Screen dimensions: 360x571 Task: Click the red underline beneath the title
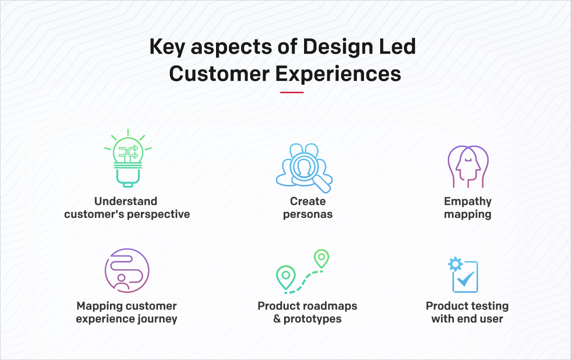click(292, 92)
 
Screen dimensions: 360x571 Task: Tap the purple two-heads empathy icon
click(468, 166)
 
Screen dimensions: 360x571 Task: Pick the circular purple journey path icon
click(127, 271)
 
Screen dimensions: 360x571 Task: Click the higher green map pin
click(322, 258)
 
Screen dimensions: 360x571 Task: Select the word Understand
click(126, 201)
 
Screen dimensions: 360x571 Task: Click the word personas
click(308, 214)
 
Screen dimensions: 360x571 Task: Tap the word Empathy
click(468, 201)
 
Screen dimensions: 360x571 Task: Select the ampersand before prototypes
click(277, 319)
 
